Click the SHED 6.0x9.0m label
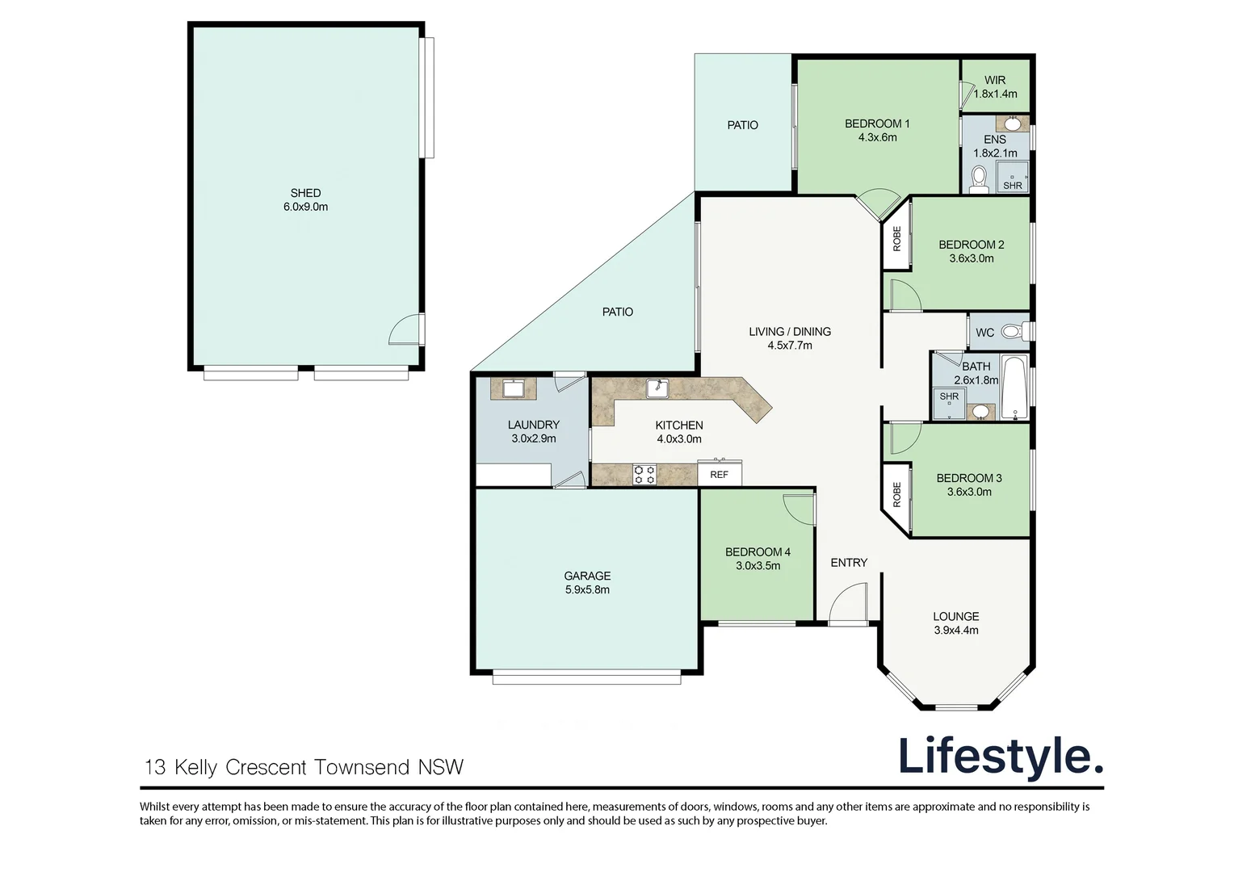[306, 200]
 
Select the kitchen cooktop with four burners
[644, 475]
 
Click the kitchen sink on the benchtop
[657, 388]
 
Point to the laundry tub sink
[513, 389]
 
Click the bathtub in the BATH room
[1015, 388]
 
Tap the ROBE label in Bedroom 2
[897, 238]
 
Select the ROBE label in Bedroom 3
[897, 494]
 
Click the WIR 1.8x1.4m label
[995, 87]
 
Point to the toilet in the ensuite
[979, 179]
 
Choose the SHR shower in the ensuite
[1013, 178]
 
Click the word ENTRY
[849, 563]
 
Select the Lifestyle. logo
[1001, 757]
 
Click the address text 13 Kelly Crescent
[225, 767]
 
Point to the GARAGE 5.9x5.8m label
[587, 583]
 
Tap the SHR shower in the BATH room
[949, 403]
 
